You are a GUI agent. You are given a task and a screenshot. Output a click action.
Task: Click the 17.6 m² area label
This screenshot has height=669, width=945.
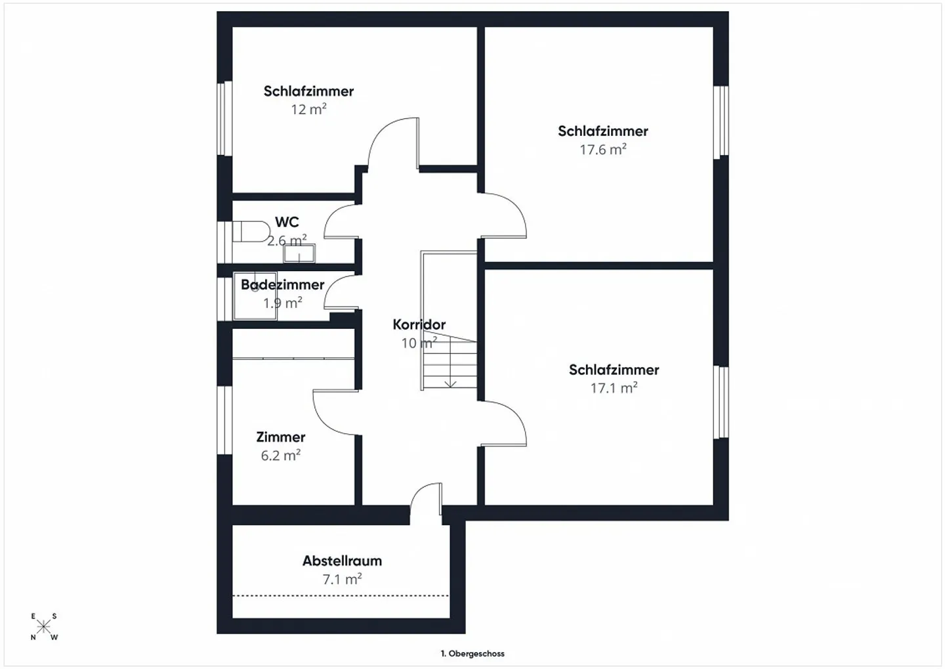coord(602,150)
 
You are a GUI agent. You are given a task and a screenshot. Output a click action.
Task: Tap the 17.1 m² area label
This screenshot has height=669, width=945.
coord(614,388)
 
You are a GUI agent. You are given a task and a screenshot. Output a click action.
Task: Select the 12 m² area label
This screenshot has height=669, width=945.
coord(308,110)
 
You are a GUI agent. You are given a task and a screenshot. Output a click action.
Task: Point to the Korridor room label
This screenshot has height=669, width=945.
coord(419,324)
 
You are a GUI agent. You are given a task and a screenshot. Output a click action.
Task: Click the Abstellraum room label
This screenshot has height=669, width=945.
coord(342,561)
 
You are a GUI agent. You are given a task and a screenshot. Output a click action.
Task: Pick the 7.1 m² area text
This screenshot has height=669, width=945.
coord(342,579)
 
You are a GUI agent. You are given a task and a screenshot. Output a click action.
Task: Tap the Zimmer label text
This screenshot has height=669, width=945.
coord(281,437)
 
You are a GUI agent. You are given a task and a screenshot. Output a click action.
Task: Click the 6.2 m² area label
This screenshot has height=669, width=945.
coord(281,455)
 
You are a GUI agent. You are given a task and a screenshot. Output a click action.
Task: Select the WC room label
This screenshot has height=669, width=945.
coord(287,223)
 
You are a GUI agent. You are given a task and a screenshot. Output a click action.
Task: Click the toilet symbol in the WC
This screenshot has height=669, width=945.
coord(250,232)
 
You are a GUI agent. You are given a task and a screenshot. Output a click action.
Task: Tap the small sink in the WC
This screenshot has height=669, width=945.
coord(299,253)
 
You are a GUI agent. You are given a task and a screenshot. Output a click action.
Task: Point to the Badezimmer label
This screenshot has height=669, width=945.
coord(282,285)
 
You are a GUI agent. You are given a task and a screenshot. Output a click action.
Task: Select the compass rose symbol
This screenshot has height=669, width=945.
coord(43,627)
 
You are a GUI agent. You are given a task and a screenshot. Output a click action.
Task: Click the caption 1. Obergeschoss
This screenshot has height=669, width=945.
coord(472,653)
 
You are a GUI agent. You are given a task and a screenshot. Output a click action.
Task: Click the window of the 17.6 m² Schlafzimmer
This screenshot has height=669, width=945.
coord(721,121)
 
